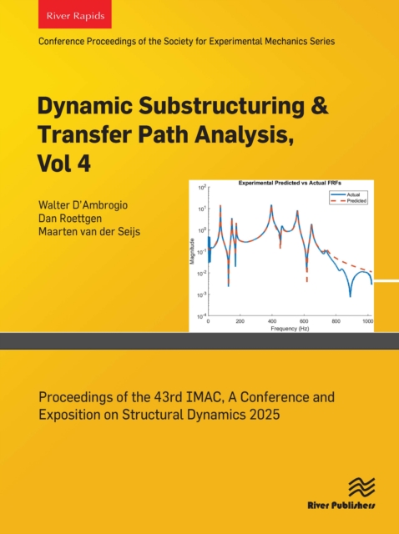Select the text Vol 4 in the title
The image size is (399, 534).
pyautogui.click(x=77, y=164)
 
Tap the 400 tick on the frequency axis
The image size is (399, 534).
pyautogui.click(x=272, y=321)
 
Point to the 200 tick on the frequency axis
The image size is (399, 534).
pyautogui.click(x=240, y=321)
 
